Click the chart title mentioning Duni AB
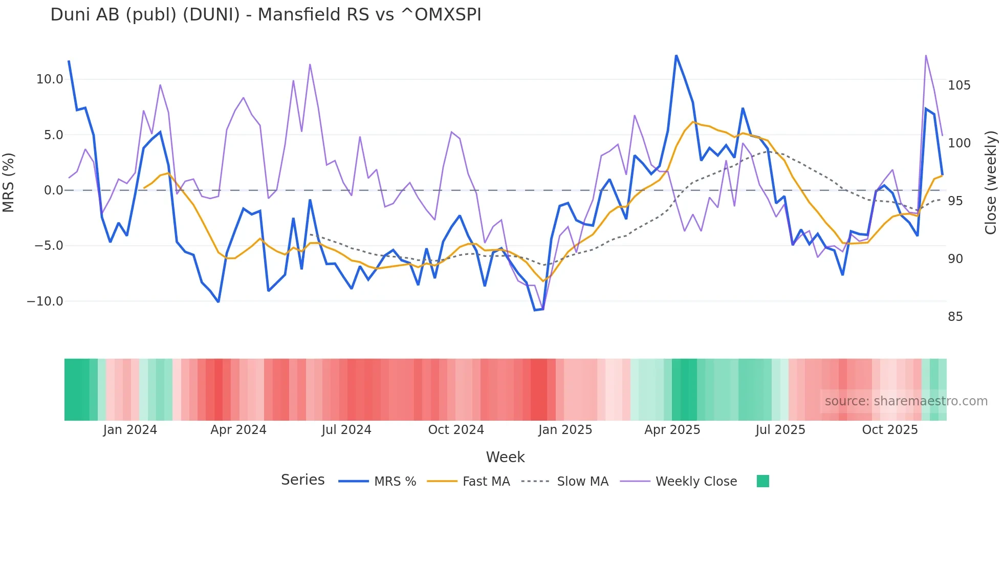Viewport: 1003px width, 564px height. (266, 15)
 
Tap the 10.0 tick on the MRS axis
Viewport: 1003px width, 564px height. (49, 79)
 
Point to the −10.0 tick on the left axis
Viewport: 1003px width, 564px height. (45, 301)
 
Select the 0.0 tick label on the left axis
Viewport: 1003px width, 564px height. (53, 190)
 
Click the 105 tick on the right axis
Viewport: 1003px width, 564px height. (959, 85)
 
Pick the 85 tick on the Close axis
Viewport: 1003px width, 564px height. (955, 317)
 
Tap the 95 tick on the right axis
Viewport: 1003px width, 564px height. (955, 201)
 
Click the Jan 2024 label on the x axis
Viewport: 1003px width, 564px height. (130, 430)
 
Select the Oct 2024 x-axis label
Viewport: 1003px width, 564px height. (456, 430)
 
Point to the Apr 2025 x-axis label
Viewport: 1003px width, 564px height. (672, 430)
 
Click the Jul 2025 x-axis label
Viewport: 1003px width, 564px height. (780, 430)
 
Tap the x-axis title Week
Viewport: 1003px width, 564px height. (505, 457)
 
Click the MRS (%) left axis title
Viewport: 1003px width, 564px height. (9, 182)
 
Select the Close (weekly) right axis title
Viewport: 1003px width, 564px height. (991, 183)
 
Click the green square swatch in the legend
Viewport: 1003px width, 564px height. (762, 481)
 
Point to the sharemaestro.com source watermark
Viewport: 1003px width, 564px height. (906, 401)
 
